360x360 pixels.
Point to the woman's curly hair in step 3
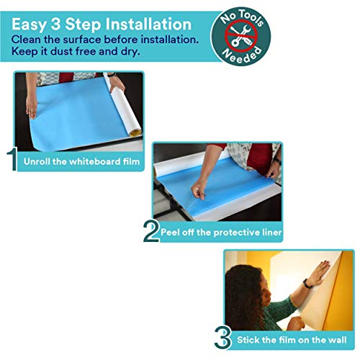tap(241, 288)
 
